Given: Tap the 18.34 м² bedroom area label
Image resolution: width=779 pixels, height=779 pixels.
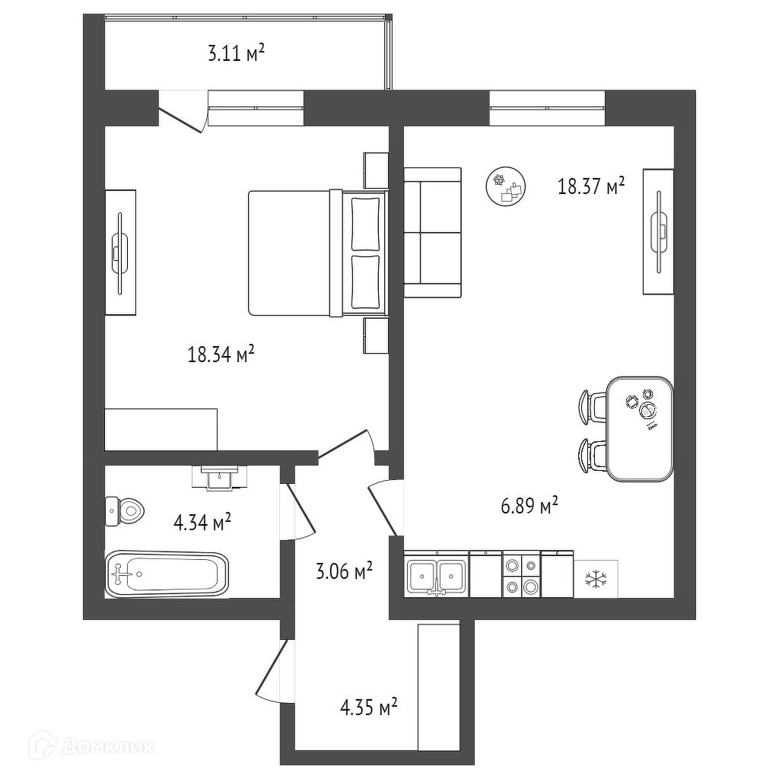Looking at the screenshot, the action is pos(221,355).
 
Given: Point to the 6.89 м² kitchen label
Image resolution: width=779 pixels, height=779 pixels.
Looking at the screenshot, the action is pos(530,506).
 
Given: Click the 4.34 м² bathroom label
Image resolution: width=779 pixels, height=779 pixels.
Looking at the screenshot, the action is pos(202,523).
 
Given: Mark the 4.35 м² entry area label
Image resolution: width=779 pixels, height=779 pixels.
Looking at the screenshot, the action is pos(369,709).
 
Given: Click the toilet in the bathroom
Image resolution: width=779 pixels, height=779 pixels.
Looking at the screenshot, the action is pos(124,510).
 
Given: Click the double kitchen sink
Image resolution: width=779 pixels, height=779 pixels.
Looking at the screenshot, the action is pos(437,576).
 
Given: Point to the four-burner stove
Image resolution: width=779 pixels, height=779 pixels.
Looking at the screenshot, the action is pos(521,575).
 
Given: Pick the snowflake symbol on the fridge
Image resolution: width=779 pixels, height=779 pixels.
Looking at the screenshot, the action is pos(596,580).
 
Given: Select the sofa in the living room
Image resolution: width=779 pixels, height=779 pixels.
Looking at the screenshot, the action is pos(432,232).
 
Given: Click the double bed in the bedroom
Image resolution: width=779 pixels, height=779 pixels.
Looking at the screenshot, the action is pos(316,252).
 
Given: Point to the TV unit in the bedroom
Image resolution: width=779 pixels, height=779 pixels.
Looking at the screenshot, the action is pos(120,252).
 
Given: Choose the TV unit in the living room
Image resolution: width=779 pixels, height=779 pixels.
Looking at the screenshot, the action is pos(658,231).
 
